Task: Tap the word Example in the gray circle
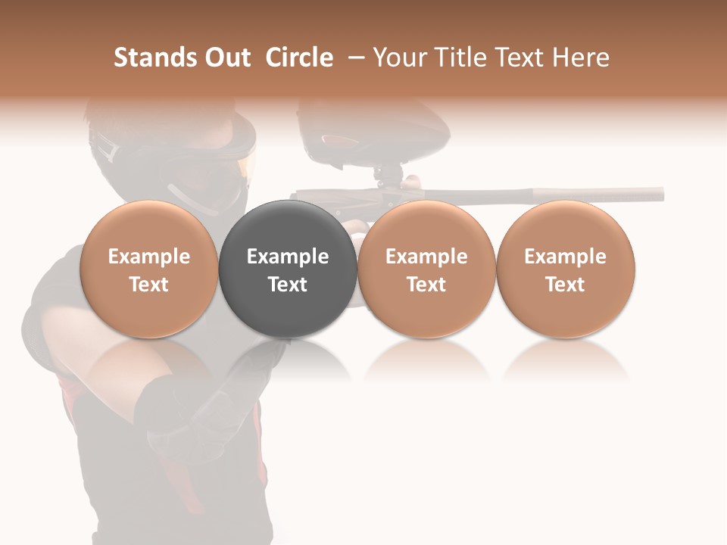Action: [288, 257]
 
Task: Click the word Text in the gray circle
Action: [288, 285]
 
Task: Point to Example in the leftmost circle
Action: [149, 257]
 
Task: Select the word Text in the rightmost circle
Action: [566, 285]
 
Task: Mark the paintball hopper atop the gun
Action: [333, 136]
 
